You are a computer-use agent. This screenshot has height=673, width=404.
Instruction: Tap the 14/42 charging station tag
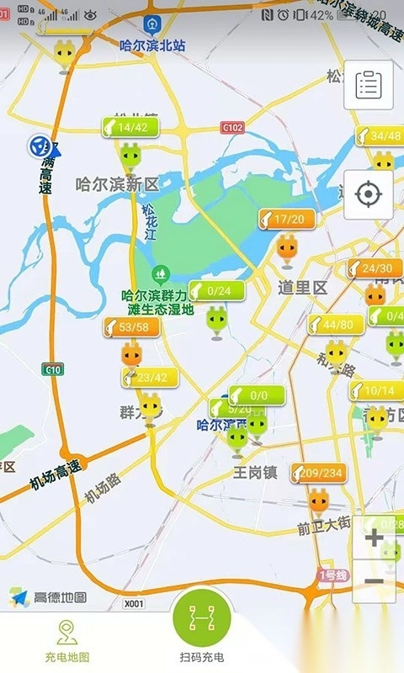coord(125,128)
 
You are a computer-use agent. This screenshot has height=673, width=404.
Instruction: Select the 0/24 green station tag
coord(217,291)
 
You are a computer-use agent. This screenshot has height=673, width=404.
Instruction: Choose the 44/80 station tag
coord(336,325)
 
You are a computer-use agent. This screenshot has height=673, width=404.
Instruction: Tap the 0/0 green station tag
coord(257,395)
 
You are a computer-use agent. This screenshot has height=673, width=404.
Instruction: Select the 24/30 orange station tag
coord(375,269)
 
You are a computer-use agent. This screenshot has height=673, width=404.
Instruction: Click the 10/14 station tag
coord(376,390)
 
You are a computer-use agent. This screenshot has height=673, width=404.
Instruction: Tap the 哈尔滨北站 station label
coord(152,45)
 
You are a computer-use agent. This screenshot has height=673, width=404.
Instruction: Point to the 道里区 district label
coord(302,288)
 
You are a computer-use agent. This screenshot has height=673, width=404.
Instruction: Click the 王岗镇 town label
coord(255,472)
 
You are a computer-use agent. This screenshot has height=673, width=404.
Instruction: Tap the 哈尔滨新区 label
coord(117,183)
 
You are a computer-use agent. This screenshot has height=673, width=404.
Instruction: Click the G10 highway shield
coord(53,369)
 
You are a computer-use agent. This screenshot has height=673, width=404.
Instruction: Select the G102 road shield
coord(232,128)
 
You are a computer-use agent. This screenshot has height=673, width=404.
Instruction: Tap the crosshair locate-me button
coord(368,194)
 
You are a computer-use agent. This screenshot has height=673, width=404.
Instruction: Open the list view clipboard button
coord(368,84)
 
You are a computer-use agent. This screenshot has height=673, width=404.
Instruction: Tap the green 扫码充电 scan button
coord(202,624)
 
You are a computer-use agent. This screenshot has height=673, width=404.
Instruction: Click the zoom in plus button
coord(375,537)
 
